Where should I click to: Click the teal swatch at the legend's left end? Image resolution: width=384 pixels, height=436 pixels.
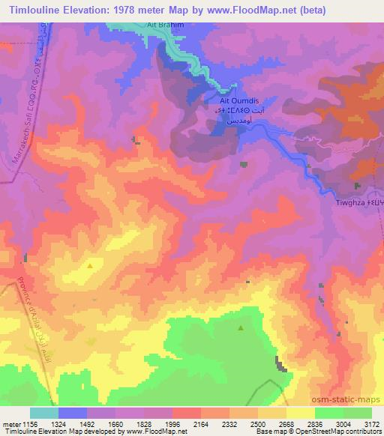pos(44,413)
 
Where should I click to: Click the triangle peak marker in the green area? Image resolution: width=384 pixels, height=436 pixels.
pos(241,327)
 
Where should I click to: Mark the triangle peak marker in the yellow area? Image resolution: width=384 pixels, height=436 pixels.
pos(91,264)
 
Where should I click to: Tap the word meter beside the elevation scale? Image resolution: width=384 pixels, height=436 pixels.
pos(13,423)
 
